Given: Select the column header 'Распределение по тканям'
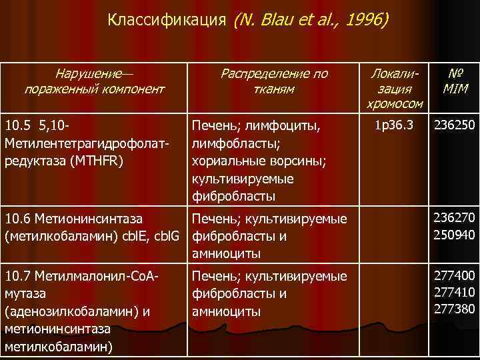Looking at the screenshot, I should click(x=274, y=81).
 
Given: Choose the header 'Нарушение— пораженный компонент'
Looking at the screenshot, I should click(x=94, y=81).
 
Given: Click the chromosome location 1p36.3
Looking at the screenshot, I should click(x=394, y=125).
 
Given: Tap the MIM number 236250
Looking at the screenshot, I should click(x=454, y=125).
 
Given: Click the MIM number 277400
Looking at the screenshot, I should click(x=454, y=274).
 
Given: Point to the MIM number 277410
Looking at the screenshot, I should click(x=454, y=291).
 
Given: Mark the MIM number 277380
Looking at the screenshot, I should click(x=454, y=307).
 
